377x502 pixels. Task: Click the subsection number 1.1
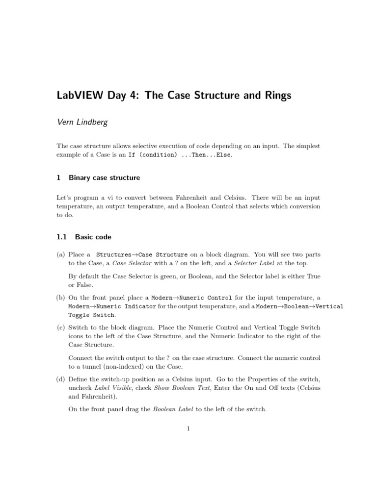tap(61, 237)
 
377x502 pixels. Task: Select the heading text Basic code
tap(93, 237)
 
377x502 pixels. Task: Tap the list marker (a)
tap(61, 255)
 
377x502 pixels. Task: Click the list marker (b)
tap(61, 298)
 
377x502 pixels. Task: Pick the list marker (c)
tap(61, 327)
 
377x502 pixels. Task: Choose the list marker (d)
tap(61, 379)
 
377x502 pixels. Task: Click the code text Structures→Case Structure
tap(142, 255)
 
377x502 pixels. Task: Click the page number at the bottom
tap(188, 428)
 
